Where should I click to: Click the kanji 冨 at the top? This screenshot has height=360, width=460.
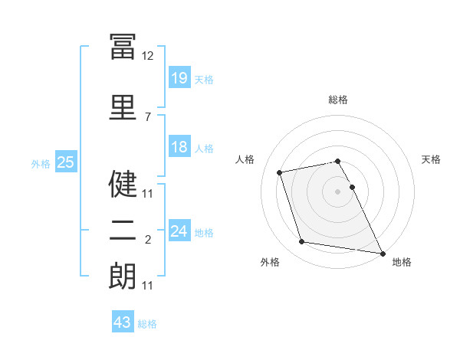point(123,47)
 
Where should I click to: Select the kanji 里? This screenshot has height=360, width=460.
point(123,107)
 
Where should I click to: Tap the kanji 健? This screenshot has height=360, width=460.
point(123,184)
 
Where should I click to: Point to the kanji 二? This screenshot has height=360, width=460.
point(123,231)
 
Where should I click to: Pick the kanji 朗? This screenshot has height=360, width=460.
point(123,276)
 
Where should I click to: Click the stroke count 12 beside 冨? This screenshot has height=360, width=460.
point(147,56)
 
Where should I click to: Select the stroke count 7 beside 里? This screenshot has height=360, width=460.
point(148,117)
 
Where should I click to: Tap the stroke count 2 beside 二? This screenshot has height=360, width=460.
point(148,240)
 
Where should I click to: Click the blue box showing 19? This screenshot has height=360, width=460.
point(179,77)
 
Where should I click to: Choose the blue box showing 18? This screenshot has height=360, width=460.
point(179,146)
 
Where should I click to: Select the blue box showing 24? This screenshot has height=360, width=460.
point(179,230)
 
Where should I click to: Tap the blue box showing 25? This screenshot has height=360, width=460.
point(66,162)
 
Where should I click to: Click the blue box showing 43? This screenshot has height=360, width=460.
point(123,321)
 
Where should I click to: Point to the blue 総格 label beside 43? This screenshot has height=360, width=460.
point(147,324)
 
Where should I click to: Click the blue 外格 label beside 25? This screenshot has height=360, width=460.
point(41,164)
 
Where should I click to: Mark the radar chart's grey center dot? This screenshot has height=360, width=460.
point(337,191)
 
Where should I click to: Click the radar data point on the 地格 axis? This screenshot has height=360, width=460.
point(383,254)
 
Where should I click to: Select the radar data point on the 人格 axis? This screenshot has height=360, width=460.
point(279,172)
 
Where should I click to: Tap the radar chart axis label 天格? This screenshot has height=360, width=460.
point(431,159)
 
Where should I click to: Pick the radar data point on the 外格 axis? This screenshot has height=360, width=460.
point(301,241)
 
